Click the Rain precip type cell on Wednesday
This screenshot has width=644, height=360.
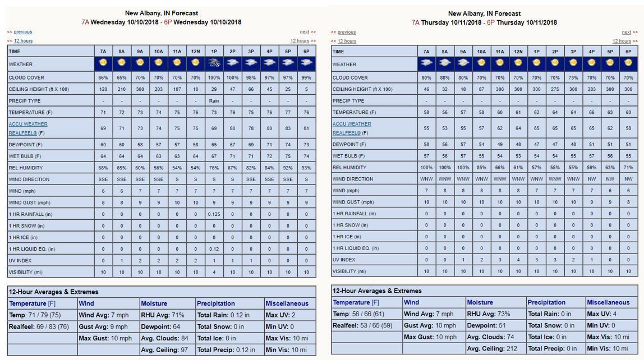pyautogui.click(x=214, y=101)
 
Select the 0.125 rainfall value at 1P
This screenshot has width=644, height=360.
pyautogui.click(x=214, y=214)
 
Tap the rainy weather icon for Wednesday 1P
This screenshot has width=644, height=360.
pyautogui.click(x=214, y=63)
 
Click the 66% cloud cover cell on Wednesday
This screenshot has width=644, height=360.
pyautogui.click(x=103, y=77)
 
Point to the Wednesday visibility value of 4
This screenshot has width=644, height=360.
pyautogui.click(x=214, y=273)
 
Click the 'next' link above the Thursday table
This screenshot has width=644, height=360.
pyautogui.click(x=627, y=32)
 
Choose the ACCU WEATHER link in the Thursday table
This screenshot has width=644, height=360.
pyautogui.click(x=352, y=124)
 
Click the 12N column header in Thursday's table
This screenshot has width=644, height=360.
pyautogui.click(x=518, y=52)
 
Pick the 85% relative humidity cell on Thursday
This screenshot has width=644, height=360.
pyautogui.click(x=481, y=167)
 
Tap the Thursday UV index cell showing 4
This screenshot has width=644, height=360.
pyautogui.click(x=518, y=260)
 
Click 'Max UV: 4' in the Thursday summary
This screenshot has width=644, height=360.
pyautogui.click(x=602, y=314)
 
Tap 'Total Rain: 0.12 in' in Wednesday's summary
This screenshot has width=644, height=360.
pyautogui.click(x=223, y=315)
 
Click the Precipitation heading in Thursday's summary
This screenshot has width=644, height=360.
pyautogui.click(x=546, y=302)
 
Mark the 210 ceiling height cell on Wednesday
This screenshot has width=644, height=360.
pyautogui.click(x=122, y=89)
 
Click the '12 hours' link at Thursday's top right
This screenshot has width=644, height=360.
pyautogui.click(x=622, y=41)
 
